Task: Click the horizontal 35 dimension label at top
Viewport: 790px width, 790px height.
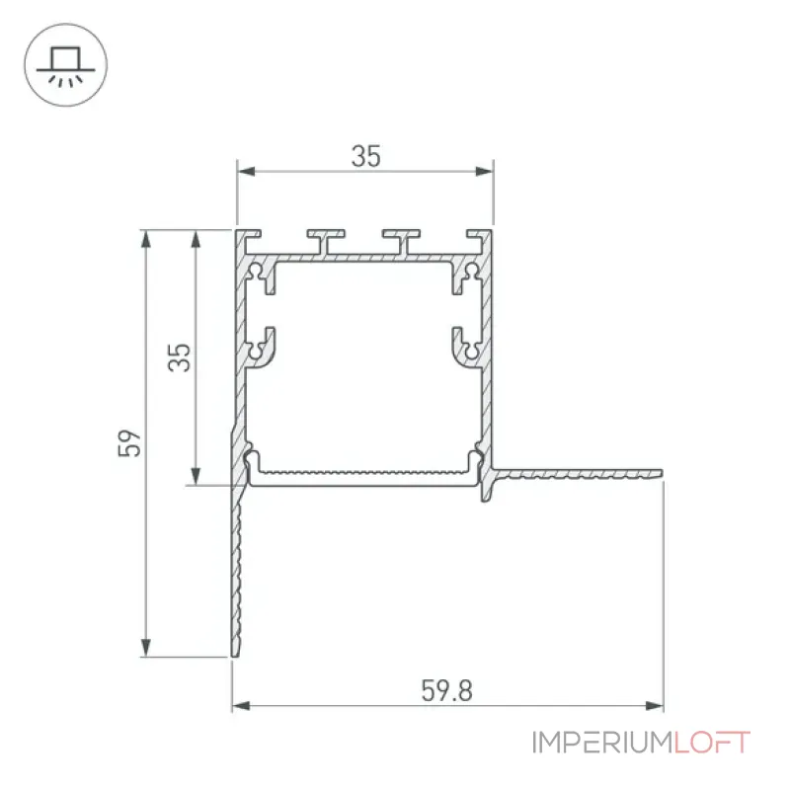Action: (365, 156)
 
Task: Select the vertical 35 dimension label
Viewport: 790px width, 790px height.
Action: (180, 357)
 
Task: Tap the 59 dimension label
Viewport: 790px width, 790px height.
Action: (129, 443)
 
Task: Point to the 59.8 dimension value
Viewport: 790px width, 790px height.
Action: (447, 690)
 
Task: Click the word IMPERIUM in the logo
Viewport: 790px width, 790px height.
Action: (602, 743)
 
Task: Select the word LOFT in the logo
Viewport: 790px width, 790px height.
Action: (712, 743)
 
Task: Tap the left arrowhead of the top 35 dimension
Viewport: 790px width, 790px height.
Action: (246, 171)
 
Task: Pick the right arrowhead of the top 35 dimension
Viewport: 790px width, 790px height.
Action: (484, 171)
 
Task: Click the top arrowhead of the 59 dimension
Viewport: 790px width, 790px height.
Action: (145, 239)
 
